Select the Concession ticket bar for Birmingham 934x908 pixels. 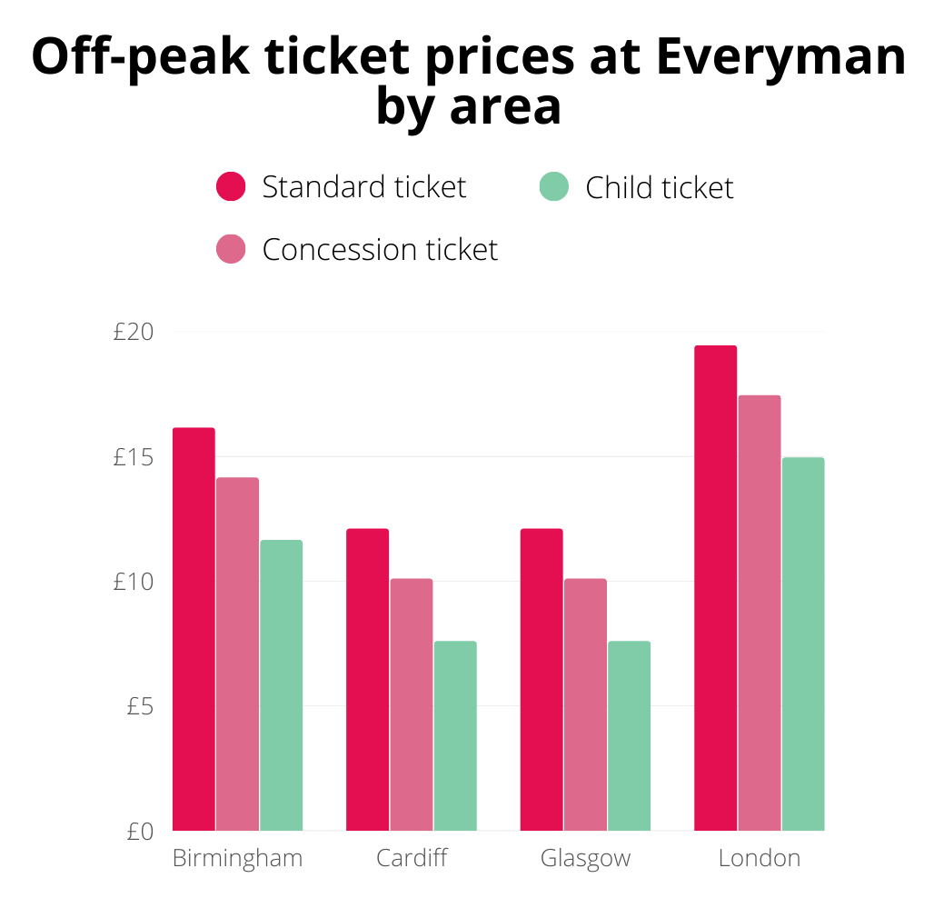point(237,654)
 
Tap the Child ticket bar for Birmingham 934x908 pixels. point(281,685)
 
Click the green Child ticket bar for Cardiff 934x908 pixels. point(455,735)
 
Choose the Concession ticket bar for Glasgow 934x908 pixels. point(585,704)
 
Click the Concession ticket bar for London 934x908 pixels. point(760,613)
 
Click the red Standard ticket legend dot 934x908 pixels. point(231,186)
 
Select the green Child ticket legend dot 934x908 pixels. point(554,186)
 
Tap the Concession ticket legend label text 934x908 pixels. point(380,249)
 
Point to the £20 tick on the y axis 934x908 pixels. point(134,333)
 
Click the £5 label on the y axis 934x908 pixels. point(142,706)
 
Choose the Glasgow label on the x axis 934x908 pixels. point(585,858)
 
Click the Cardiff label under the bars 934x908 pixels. point(412,858)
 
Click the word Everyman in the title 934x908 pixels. point(780,57)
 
